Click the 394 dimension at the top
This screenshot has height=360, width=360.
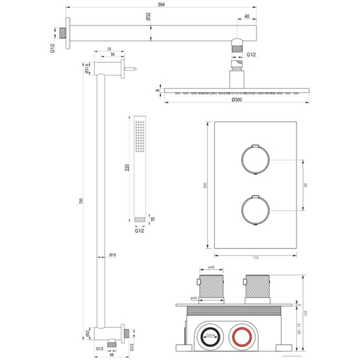(161, 4)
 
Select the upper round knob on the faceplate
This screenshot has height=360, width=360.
(255, 159)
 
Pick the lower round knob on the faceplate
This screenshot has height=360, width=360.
(255, 210)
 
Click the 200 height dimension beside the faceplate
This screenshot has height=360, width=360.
(205, 185)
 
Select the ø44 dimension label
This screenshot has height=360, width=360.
(194, 298)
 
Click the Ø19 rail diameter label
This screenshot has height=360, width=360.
(112, 255)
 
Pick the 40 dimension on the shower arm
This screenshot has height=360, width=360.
(247, 16)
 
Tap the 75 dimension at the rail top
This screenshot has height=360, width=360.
(109, 49)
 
